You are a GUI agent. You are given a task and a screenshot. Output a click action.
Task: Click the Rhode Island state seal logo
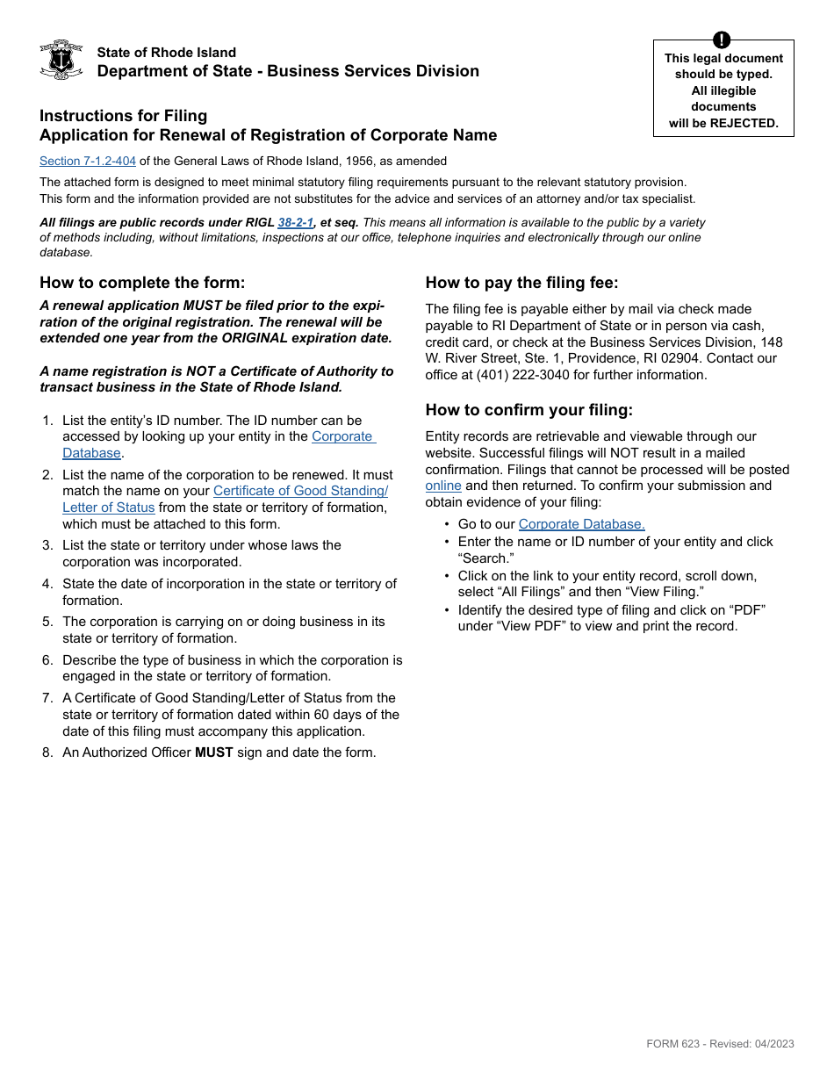coord(61,60)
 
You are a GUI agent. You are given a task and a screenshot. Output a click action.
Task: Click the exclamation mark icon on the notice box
coord(722,40)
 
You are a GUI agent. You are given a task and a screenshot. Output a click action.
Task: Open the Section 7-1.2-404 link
coord(88,161)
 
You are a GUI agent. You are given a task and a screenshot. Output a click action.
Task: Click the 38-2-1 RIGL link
coord(296,223)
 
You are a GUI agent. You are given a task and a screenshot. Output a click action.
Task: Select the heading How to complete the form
coord(142,283)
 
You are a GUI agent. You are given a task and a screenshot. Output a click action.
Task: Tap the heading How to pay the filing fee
coord(521,283)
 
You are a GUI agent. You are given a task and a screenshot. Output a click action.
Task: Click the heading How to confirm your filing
coord(528,410)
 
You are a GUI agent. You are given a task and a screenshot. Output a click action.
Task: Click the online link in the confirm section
coord(443,486)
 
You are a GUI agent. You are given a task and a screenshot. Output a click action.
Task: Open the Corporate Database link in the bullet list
coord(581,524)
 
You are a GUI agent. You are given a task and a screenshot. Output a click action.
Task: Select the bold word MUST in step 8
coord(213,752)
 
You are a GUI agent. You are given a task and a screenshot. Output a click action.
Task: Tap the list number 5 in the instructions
coord(47,622)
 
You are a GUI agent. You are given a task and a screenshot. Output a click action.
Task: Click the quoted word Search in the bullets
coord(485,558)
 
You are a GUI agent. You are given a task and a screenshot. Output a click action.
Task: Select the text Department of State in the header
coord(177,71)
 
